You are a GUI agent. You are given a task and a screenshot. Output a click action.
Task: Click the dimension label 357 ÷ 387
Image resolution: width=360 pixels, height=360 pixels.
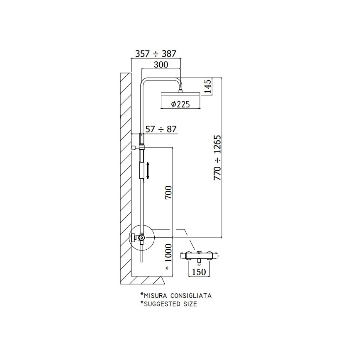click(156, 54)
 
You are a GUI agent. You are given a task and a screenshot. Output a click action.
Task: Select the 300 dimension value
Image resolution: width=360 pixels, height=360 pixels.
click(161, 64)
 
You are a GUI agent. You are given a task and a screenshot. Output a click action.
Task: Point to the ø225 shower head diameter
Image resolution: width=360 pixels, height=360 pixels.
click(180, 105)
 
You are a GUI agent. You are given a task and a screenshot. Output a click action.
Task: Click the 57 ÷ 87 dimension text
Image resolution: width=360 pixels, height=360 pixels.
click(161, 129)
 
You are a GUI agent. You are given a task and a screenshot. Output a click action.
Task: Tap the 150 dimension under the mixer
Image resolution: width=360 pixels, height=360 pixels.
click(199, 272)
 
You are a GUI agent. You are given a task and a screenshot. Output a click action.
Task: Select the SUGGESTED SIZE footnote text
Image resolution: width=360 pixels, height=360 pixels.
click(170, 304)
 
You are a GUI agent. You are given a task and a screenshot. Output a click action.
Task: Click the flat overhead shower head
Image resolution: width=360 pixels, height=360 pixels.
click(180, 94)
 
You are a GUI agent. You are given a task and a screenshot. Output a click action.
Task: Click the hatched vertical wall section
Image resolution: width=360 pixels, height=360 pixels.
click(125, 174)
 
